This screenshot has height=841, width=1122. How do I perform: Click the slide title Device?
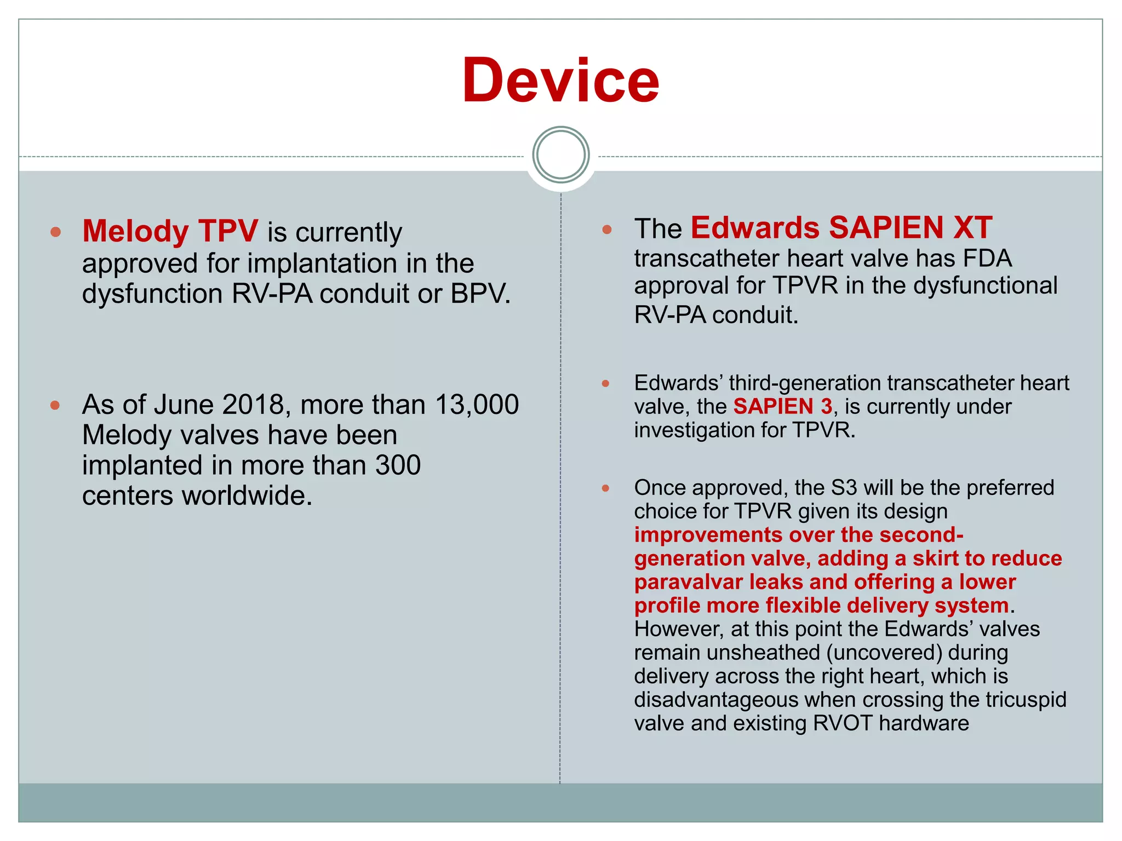[560, 81]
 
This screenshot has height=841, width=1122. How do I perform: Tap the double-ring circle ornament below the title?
[560, 155]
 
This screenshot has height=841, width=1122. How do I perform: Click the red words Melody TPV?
[170, 231]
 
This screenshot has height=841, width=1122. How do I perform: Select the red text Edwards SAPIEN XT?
[841, 228]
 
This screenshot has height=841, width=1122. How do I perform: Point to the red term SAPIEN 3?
[782, 407]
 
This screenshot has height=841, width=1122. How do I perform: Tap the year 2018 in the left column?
[253, 405]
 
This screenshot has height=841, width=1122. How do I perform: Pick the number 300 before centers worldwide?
[398, 465]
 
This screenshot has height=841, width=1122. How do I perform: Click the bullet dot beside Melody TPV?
[55, 232]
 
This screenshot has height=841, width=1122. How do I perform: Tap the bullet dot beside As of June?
[55, 406]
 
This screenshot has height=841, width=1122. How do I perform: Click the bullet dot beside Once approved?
[605, 488]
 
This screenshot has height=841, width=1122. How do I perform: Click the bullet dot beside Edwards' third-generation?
[605, 383]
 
